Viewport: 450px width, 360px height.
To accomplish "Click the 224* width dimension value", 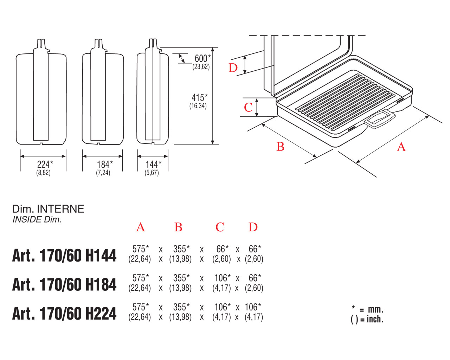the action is pos(45,165).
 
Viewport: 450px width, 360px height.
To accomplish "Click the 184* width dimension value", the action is pos(105,165).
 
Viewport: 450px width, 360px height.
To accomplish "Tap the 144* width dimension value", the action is pos(154,165).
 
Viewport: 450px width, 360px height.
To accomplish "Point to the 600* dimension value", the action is pos(202,58).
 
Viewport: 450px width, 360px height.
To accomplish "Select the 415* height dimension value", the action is pos(200,98).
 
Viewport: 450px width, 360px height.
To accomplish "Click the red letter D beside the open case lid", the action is pos(233,68).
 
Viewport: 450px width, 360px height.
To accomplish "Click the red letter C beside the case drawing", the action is pos(248,108).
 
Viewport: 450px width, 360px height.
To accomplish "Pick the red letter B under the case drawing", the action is pos(280,147).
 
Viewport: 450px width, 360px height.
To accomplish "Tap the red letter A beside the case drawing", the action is pos(401,147).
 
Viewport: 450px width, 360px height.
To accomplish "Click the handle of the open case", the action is pos(380,119).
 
